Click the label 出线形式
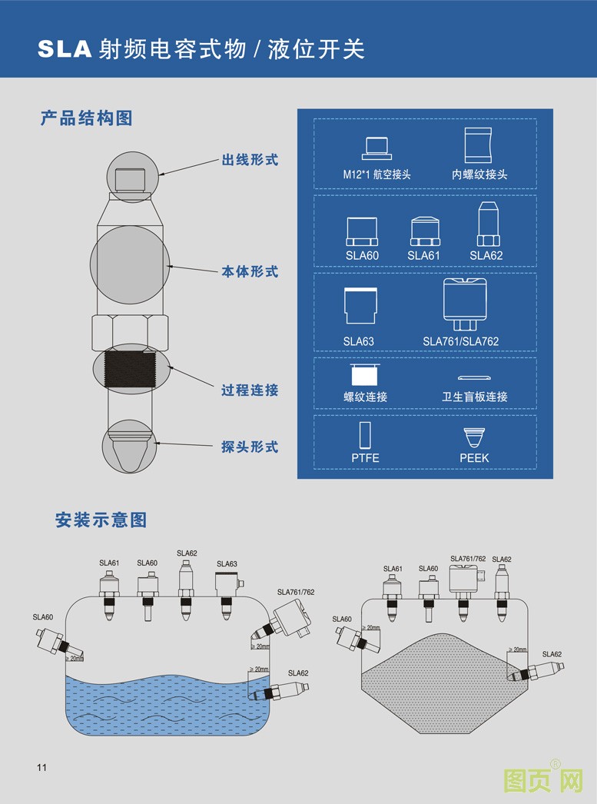250,161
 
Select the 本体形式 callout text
250,272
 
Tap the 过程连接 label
250,390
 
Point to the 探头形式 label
250,447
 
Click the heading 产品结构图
87,118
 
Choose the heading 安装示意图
101,520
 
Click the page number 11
41,768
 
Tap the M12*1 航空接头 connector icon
376,148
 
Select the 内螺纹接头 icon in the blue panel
479,145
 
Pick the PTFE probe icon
365,435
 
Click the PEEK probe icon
474,437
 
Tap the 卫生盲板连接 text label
474,397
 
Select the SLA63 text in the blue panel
358,341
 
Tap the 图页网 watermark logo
543,781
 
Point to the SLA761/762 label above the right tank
467,559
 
